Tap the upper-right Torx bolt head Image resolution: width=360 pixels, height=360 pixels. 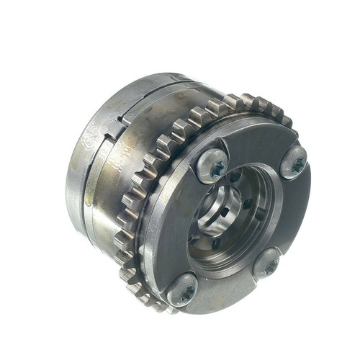293,163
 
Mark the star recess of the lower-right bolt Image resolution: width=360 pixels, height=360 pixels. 268,265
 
